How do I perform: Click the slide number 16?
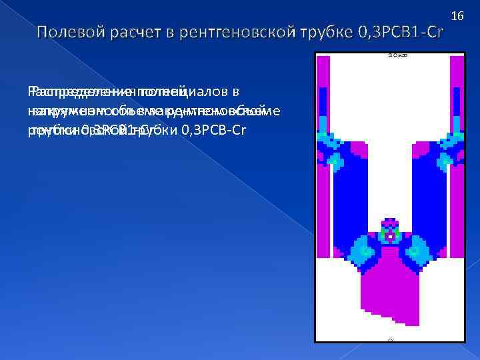point(457,15)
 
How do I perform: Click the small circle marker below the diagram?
point(390,339)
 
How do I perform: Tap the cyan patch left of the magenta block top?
point(358,253)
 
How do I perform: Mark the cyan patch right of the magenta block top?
point(421,253)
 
